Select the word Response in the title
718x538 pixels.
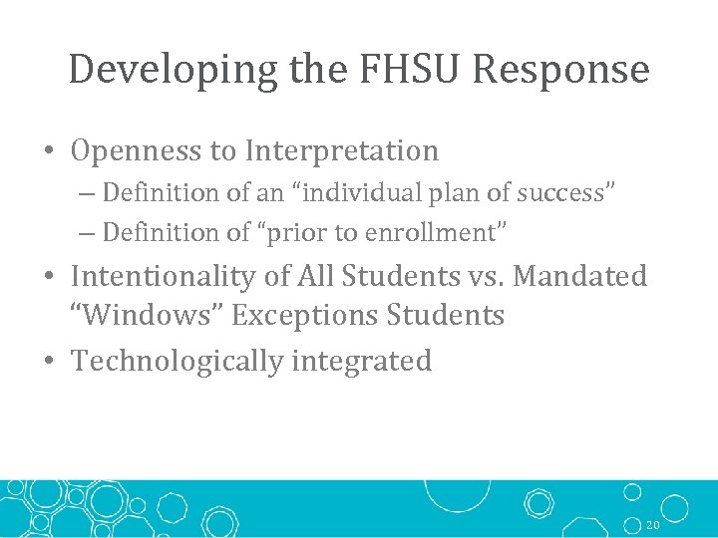561,70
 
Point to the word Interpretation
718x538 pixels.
342,150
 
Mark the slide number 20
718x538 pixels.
654,524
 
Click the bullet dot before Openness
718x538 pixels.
49,152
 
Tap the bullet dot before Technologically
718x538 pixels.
49,362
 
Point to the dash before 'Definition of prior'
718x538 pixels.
87,233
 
